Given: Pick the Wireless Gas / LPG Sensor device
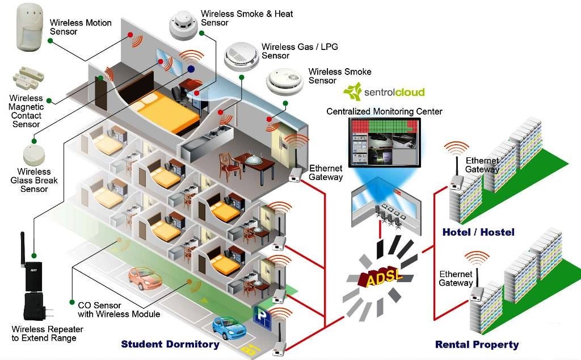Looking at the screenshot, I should [241, 56].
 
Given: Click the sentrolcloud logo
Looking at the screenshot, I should [384, 91].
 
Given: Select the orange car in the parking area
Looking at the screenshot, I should [144, 278].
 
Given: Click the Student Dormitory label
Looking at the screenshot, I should [170, 344].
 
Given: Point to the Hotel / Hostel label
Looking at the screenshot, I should [478, 232].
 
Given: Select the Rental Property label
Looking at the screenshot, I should [477, 345].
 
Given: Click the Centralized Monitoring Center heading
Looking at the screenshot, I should [384, 111].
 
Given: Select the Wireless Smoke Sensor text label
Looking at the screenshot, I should [340, 76].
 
